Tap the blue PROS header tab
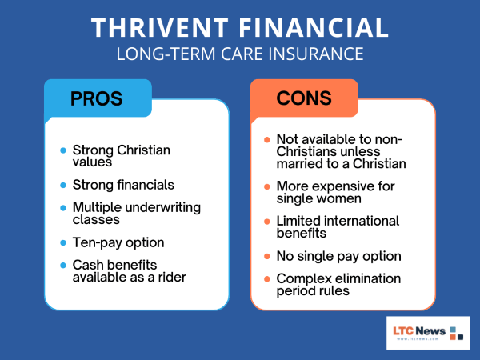click(x=96, y=99)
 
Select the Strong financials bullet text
click(x=123, y=185)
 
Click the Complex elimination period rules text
click(x=336, y=286)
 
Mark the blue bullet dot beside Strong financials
click(x=63, y=185)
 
